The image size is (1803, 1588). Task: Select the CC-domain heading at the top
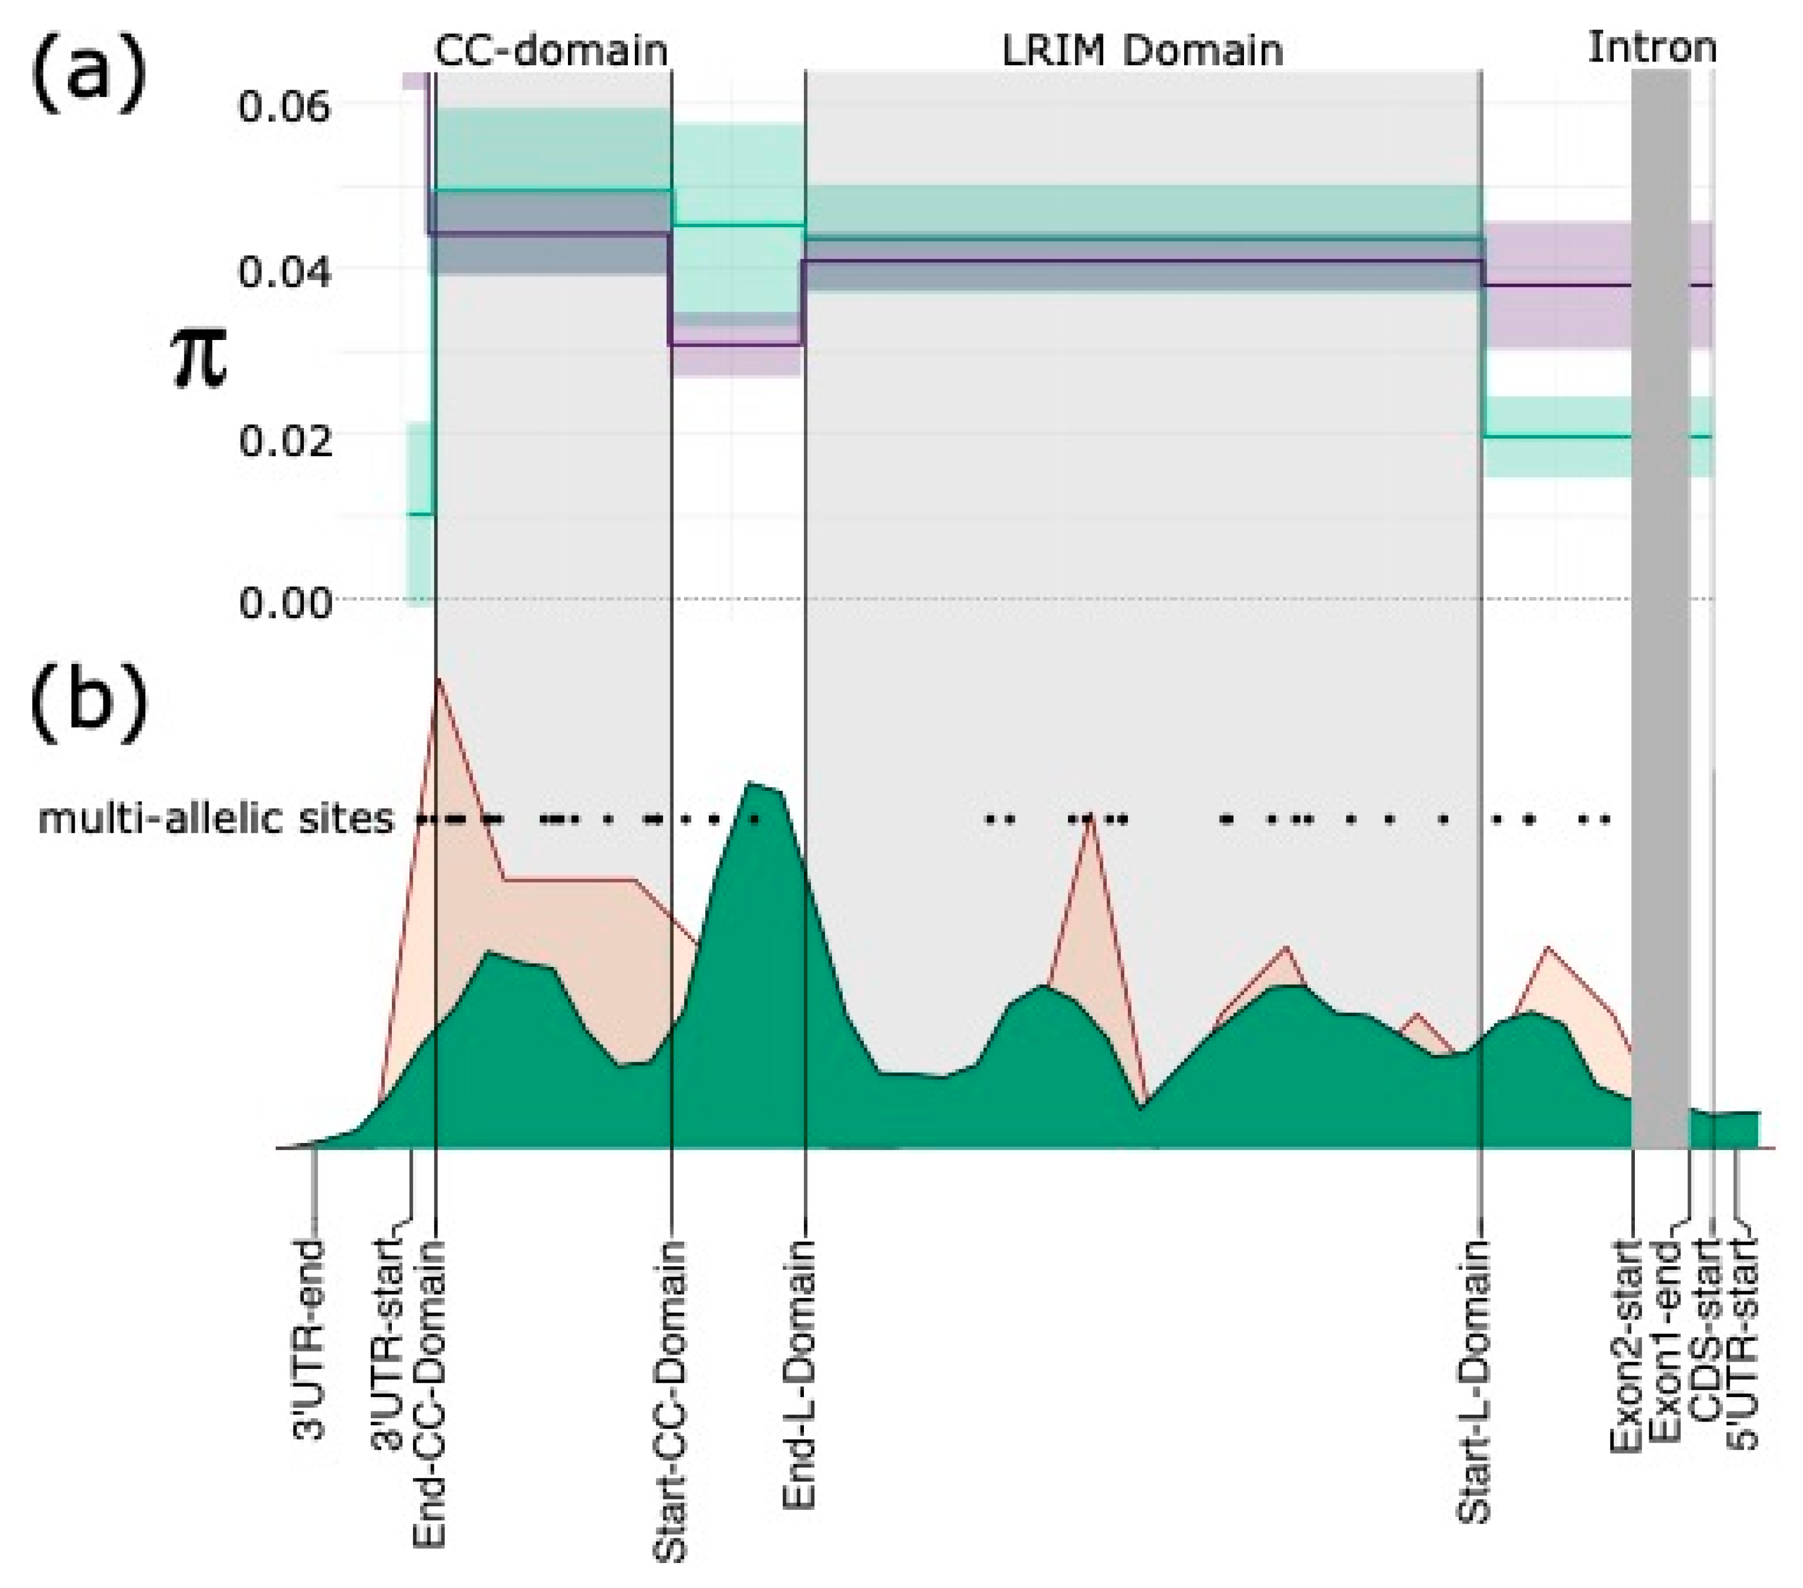[x=552, y=50]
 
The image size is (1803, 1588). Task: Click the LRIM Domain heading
[x=1142, y=50]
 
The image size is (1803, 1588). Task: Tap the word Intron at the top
[x=1651, y=47]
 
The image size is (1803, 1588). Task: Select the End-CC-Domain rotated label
[x=431, y=1394]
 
